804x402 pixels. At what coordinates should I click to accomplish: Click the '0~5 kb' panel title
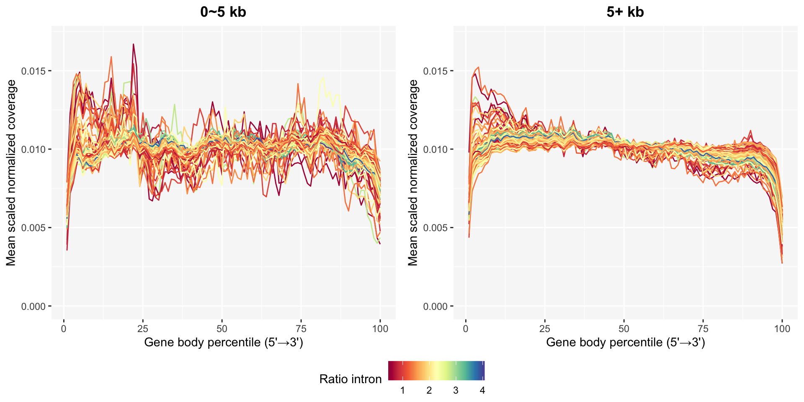(x=223, y=12)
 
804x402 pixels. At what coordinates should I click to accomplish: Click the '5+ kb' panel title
(x=625, y=12)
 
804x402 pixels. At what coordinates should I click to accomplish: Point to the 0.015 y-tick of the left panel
(x=34, y=71)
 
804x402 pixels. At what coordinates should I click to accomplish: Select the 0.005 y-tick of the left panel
(x=34, y=228)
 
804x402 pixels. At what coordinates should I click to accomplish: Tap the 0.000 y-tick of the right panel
(x=436, y=307)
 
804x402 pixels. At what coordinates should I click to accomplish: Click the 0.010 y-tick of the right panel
(x=436, y=149)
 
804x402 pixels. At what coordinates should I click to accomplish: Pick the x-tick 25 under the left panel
(x=143, y=329)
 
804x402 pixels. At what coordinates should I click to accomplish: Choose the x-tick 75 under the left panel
(x=301, y=329)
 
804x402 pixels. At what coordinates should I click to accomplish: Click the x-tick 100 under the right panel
(x=782, y=329)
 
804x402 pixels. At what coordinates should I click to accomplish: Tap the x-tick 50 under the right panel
(x=624, y=329)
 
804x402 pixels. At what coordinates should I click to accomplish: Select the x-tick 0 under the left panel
(x=64, y=329)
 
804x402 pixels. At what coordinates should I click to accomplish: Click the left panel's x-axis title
(x=223, y=343)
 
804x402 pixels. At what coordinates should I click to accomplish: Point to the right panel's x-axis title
(x=625, y=343)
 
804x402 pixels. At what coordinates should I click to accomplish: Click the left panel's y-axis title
(x=11, y=173)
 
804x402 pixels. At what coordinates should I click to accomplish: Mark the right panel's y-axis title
(x=413, y=173)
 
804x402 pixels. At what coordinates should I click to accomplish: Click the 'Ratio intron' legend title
(x=350, y=379)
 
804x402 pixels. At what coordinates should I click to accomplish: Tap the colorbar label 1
(x=402, y=391)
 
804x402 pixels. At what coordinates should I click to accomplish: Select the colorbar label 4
(x=482, y=391)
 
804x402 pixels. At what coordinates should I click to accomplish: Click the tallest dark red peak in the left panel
(x=133, y=44)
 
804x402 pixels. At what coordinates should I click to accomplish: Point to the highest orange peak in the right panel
(x=478, y=67)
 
